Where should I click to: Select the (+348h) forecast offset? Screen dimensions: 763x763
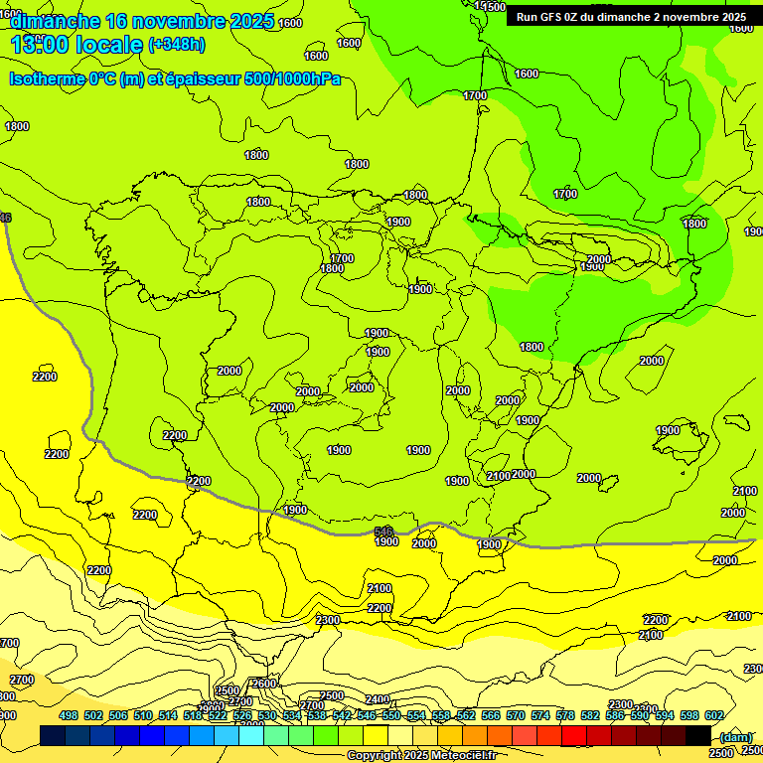pos(176,45)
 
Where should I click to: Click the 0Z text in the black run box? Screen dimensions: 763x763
pos(580,17)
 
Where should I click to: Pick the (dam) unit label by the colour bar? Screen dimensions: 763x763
pos(735,737)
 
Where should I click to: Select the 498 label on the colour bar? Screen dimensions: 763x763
pos(69,715)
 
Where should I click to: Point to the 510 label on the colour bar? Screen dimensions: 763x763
pos(143,715)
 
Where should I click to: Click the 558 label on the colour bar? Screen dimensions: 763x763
pos(440,715)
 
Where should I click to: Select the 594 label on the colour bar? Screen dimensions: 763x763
pos(666,715)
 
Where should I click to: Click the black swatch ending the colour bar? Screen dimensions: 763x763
pos(697,736)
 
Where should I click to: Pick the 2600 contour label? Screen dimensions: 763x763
pos(264,684)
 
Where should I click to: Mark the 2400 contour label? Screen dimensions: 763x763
pos(378,699)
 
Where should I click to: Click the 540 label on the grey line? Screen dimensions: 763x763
pos(384,532)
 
